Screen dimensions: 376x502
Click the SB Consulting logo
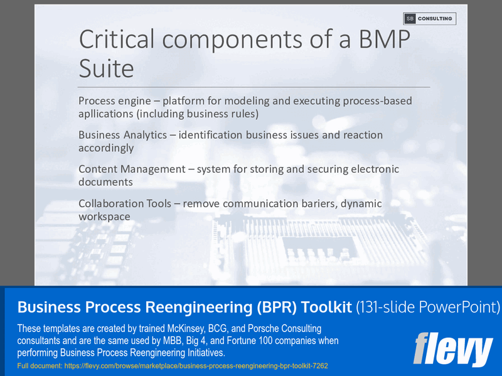tap(429, 19)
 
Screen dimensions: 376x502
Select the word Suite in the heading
tap(106, 67)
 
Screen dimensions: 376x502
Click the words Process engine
tap(112, 101)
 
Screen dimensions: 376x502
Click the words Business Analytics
tap(123, 135)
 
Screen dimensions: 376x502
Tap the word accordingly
tap(106, 149)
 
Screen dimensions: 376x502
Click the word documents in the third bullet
tap(105, 183)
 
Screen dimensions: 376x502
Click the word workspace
tap(104, 217)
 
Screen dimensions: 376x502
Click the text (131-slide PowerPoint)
tap(427, 307)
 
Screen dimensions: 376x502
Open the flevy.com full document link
tap(182, 365)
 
